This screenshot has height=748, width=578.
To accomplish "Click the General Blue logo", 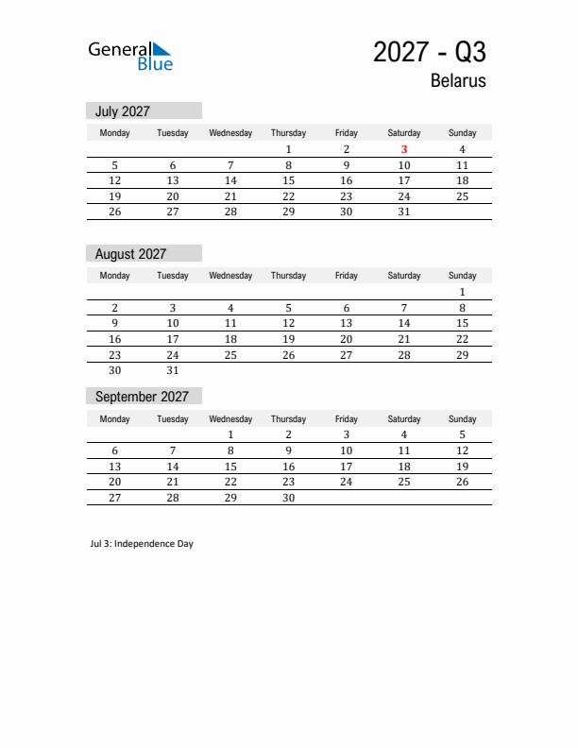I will point(130,56).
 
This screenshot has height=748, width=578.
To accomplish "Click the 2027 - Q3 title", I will point(429,52).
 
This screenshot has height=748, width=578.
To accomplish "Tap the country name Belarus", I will point(458,81).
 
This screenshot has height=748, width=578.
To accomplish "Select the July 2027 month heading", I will point(123,111).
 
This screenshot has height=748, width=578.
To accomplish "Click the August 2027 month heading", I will point(130,254).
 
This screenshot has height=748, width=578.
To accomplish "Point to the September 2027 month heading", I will point(142,397).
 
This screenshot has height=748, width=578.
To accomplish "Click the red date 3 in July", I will point(404,149).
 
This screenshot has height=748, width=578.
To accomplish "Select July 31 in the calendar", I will point(404,212).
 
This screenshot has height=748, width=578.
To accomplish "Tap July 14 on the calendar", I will point(230,180).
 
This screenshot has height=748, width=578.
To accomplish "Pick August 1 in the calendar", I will point(462,292).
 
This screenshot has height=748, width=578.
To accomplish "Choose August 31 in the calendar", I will point(173,371).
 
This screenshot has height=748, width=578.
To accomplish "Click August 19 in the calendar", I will point(288,339).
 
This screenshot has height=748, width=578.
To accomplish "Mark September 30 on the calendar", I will point(288,498).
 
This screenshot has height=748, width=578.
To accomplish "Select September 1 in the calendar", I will point(230,435).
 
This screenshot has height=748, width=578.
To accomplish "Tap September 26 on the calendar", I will point(462,482).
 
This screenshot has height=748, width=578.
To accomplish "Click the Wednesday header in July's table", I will point(230,133).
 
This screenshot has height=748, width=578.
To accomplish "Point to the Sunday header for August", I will point(462,276).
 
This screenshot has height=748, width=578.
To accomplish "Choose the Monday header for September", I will point(115,418).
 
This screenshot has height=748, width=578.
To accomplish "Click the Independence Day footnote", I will point(142,544).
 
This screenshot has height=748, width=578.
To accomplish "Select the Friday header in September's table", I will point(347,418).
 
